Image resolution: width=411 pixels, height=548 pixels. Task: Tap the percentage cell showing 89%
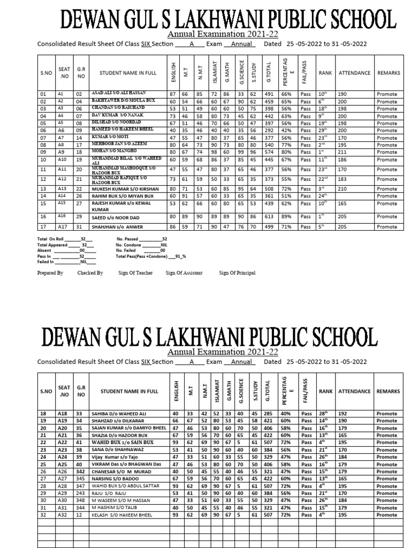(286, 216)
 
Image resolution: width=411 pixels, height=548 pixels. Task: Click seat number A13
(62, 188)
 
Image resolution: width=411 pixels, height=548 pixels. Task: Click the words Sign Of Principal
(237, 273)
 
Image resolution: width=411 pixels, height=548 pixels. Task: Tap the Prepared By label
(50, 273)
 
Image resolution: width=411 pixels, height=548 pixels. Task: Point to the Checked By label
(90, 273)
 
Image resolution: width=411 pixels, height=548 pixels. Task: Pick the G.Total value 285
(266, 414)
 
